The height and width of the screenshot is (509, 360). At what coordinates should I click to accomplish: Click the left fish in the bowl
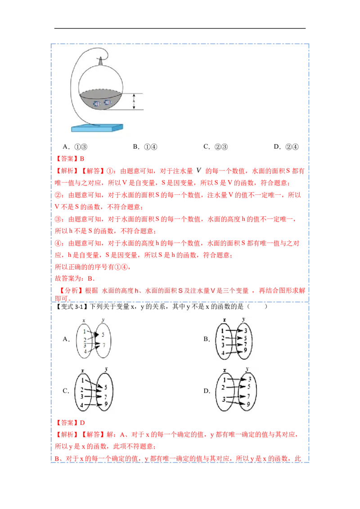point(96,104)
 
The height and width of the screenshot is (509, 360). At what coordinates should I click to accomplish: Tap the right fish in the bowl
point(107,103)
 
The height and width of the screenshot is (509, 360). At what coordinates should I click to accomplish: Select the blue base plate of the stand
point(98,128)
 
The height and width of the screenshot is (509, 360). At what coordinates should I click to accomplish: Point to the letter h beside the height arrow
point(134,102)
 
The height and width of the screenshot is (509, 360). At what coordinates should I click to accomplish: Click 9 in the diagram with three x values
point(248,405)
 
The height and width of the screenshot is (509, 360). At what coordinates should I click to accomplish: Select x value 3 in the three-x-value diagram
point(224,399)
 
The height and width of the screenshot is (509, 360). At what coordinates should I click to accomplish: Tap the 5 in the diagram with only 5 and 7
point(103,335)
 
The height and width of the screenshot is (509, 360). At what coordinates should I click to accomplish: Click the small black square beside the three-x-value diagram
point(207,390)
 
